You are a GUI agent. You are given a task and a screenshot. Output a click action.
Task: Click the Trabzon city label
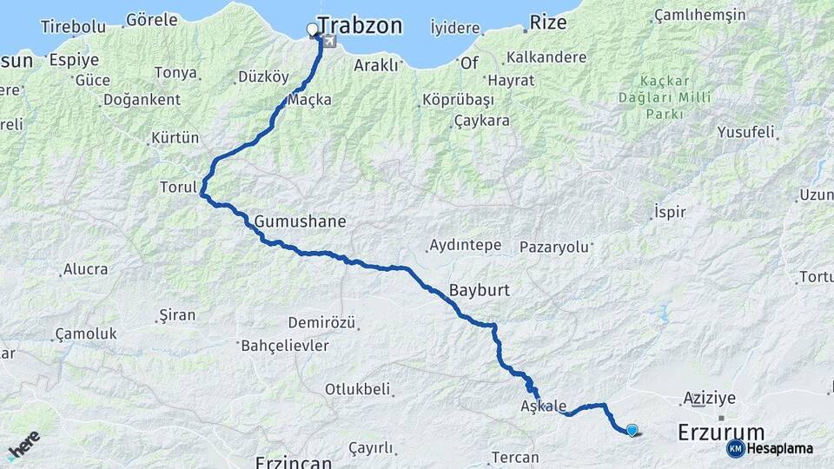click(360, 26)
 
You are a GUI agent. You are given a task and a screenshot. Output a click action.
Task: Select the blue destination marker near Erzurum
click(632, 429)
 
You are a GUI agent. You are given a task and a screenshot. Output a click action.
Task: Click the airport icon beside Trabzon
click(329, 41)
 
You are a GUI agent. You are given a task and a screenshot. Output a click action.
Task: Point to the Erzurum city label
click(720, 433)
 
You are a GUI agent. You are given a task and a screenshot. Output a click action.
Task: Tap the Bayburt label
click(480, 290)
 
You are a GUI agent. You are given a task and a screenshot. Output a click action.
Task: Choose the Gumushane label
click(301, 221)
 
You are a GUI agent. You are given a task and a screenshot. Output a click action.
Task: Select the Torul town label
click(180, 187)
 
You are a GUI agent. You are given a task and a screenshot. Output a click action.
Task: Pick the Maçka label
click(309, 100)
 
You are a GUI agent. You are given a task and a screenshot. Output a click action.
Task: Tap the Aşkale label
click(544, 406)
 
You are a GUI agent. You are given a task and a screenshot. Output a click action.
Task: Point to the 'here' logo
click(23, 444)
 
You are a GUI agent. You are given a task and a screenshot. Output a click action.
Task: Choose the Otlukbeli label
click(357, 389)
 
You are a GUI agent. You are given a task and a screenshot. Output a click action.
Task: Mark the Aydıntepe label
click(466, 246)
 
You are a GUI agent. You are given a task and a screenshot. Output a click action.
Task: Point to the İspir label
click(670, 211)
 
